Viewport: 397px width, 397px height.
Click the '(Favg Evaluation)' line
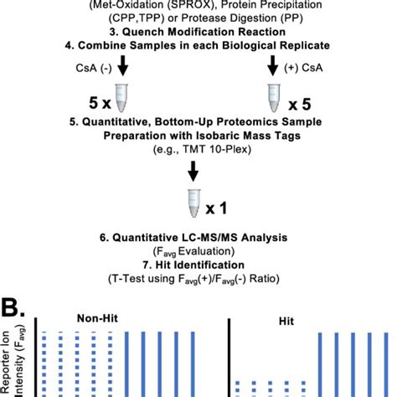point(198,252)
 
